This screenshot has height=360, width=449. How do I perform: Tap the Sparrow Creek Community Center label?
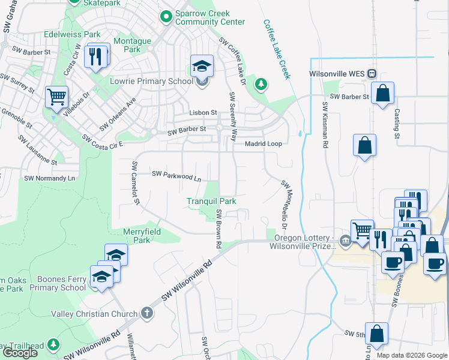coord(209,17)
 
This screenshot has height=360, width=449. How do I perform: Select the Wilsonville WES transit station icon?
coord(372,74)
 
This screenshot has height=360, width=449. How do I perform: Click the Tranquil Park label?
coord(211,202)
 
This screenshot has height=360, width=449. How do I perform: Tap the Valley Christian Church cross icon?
coord(146,313)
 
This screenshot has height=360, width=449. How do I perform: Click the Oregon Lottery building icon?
coord(345,242)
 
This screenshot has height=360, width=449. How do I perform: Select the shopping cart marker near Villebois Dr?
coord(56,97)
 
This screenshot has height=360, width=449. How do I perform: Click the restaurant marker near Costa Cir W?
coord(96,58)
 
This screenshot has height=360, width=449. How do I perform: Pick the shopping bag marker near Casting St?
coord(382,94)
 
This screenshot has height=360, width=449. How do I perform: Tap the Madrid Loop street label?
coord(263,144)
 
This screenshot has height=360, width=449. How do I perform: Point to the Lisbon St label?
coord(202,113)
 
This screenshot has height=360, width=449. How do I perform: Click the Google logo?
coord(20,353)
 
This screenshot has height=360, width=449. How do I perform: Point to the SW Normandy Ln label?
coord(50,179)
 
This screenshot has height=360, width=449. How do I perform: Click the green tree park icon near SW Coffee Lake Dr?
coord(261,84)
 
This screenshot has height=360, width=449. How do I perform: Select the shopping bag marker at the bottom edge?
coord(376,335)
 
